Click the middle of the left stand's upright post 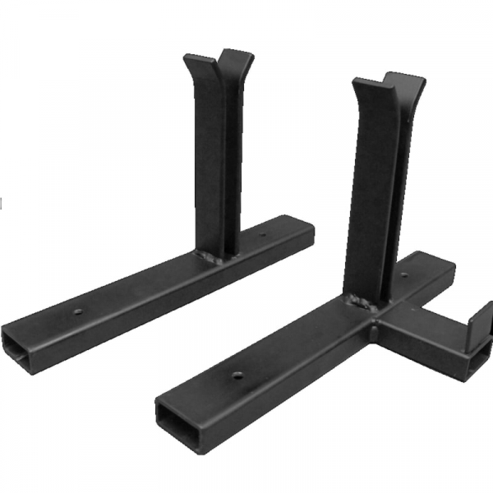tap(215, 164)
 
